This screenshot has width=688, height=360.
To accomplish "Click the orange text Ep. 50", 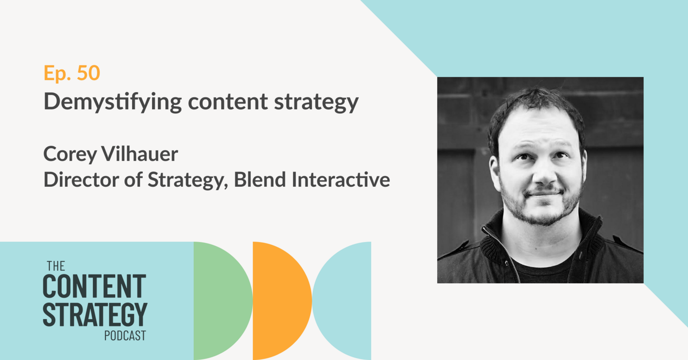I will pos(72,73).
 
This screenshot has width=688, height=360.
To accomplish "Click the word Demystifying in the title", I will pos(113,102).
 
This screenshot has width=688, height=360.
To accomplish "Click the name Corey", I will pos(70,154).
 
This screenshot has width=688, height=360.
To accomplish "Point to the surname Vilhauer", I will pos(140,154).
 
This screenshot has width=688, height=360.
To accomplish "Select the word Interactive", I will pos(341,180).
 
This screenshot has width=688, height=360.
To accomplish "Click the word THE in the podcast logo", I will pos(56,266).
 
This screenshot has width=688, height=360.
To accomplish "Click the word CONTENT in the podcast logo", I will pos(94,287).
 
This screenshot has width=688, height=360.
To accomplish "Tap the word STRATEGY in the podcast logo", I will pos(95,315).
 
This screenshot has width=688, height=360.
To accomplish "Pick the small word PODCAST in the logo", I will pos(125,336).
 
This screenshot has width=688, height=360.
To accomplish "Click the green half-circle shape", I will pos(221,301).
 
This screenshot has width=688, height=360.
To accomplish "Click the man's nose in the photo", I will pos(542,171).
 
